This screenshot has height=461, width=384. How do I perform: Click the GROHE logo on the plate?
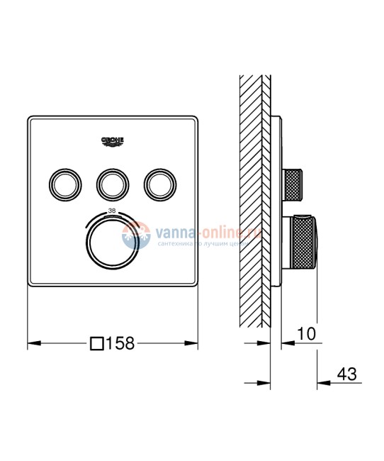tap(113, 140)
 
